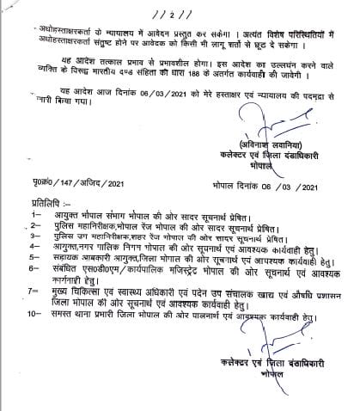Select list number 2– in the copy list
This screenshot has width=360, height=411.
[12, 232]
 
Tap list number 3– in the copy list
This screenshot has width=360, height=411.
[12, 244]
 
